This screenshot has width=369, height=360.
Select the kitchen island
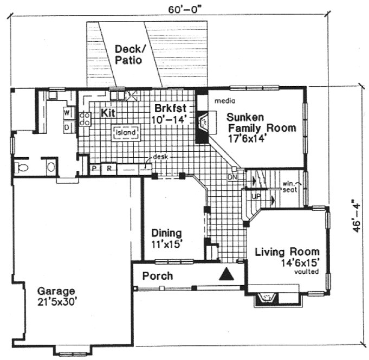(x=126, y=132)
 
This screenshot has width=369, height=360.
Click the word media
(x=224, y=101)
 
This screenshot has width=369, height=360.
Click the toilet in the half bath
(x=21, y=168)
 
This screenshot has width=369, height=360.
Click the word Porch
(x=157, y=276)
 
